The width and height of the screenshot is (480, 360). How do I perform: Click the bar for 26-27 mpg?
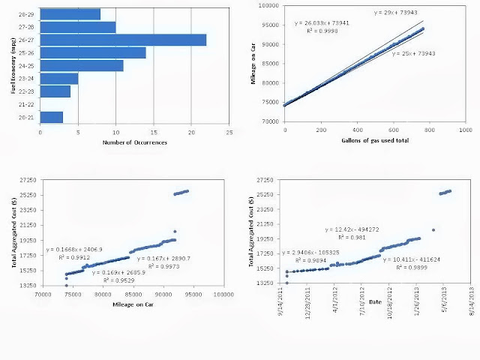[x=123, y=40]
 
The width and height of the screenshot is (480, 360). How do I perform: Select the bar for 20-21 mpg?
[x=51, y=117]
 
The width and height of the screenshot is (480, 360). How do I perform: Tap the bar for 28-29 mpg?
[x=70, y=14]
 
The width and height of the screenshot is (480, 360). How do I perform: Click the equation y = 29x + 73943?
[x=397, y=13]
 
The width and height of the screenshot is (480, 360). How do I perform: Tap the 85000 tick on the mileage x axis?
[x=133, y=295]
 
